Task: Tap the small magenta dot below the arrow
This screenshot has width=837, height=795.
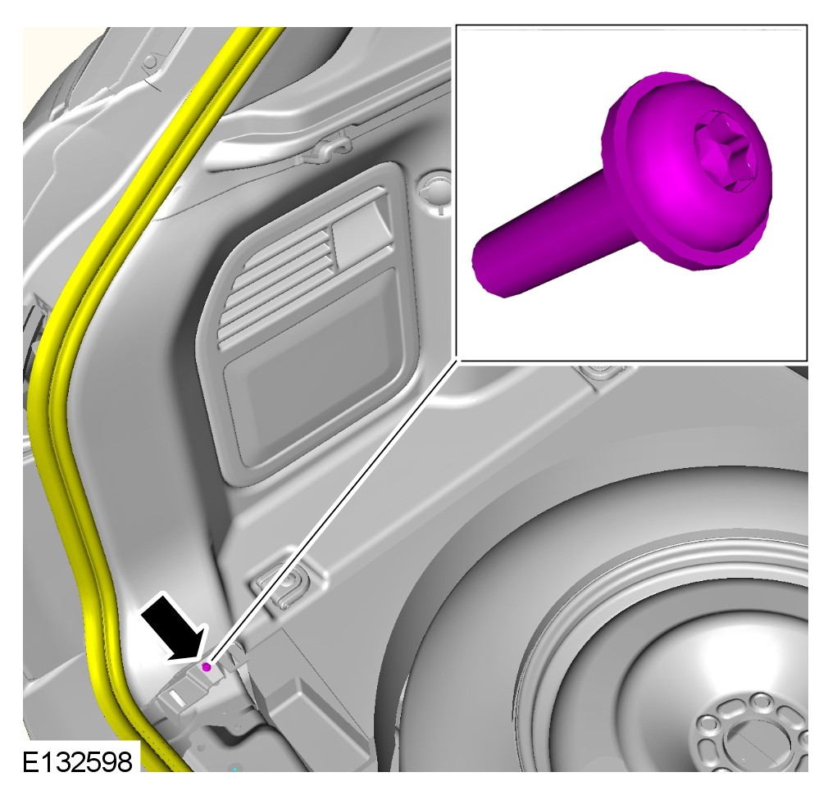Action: coord(207,667)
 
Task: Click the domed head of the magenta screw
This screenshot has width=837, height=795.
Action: coord(691,170)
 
